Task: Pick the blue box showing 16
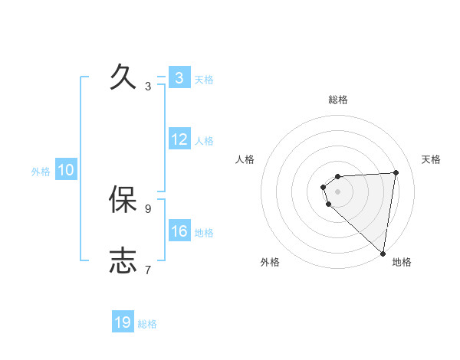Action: pyautogui.click(x=179, y=231)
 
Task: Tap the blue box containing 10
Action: pyautogui.click(x=66, y=170)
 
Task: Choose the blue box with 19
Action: pyautogui.click(x=123, y=322)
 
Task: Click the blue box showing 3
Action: pyautogui.click(x=179, y=77)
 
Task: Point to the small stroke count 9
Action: pyautogui.click(x=148, y=208)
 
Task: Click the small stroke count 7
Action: pyautogui.click(x=148, y=269)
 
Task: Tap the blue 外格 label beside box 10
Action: pyautogui.click(x=41, y=172)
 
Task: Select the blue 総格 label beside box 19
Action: pyautogui.click(x=147, y=324)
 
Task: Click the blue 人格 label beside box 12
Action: pyautogui.click(x=204, y=141)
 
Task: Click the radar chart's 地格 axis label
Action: pyautogui.click(x=402, y=262)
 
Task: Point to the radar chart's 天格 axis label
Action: pyautogui.click(x=431, y=159)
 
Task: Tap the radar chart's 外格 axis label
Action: pyautogui.click(x=270, y=262)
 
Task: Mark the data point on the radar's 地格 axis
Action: pyautogui.click(x=383, y=254)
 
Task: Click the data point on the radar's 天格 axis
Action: pyautogui.click(x=396, y=172)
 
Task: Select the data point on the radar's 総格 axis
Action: pyautogui.click(x=337, y=177)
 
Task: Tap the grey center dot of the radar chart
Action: pyautogui.click(x=337, y=191)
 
